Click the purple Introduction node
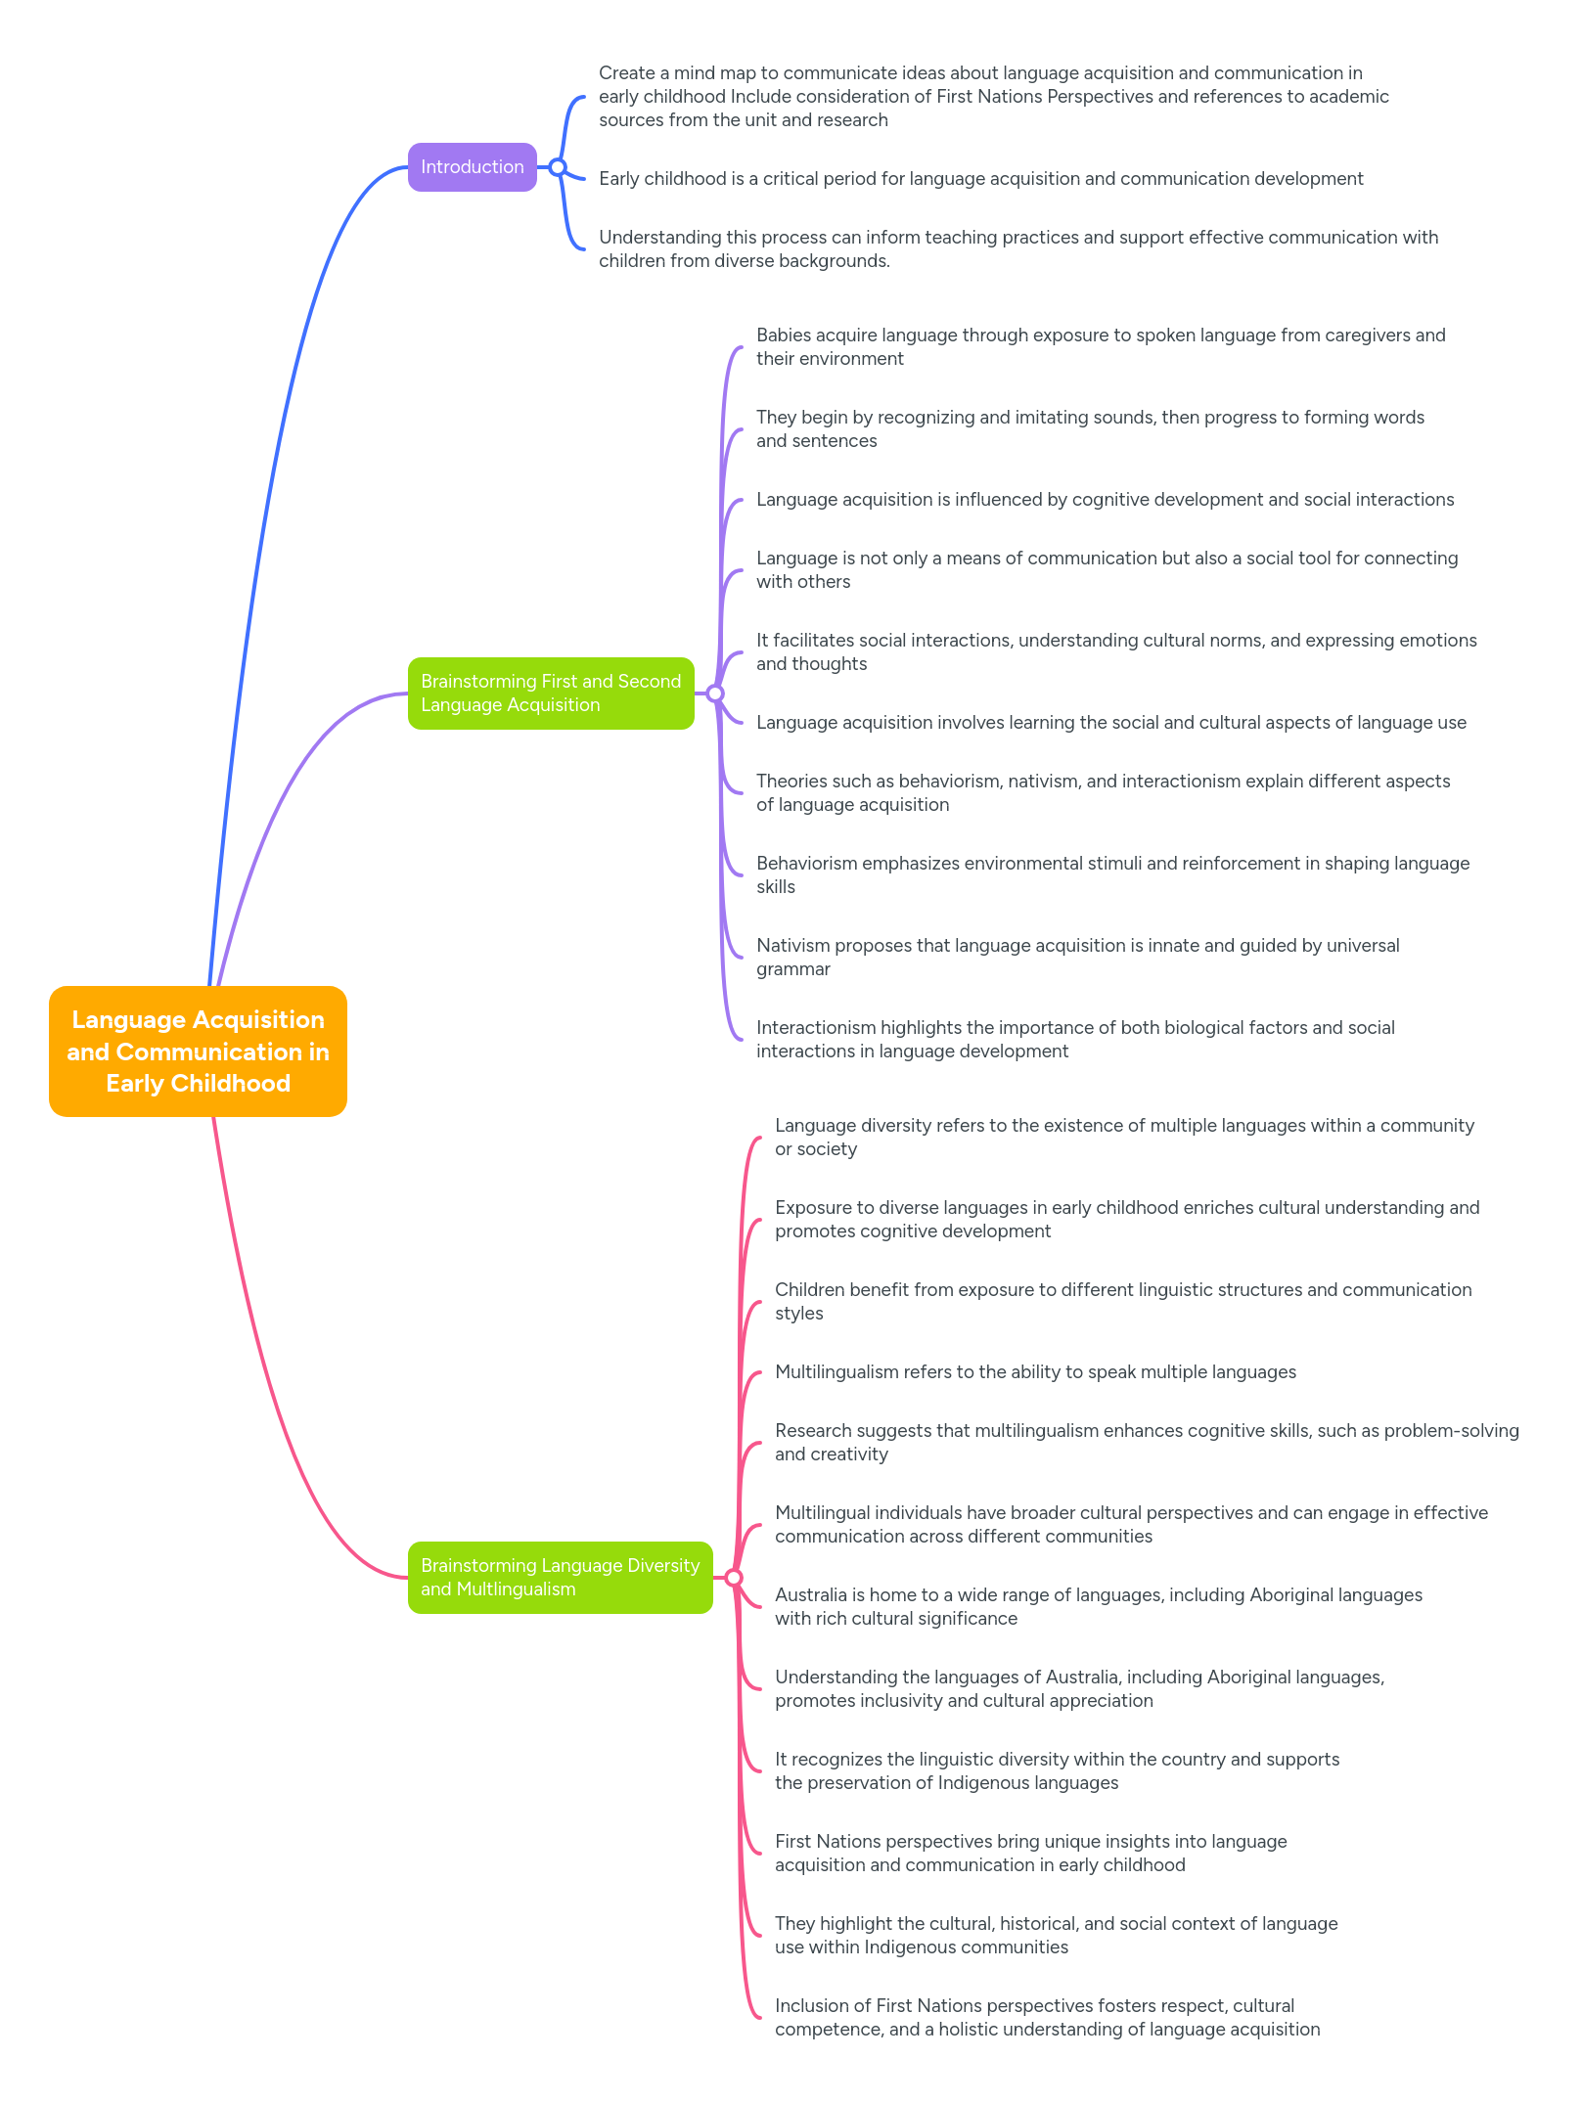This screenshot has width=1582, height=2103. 472,167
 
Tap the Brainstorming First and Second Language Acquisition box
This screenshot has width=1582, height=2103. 550,693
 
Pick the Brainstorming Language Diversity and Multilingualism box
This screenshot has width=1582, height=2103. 560,1577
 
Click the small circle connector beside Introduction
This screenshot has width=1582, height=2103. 558,167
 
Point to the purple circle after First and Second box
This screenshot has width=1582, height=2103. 715,694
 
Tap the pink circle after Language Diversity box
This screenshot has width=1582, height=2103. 734,1578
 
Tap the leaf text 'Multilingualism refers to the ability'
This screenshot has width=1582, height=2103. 1034,1372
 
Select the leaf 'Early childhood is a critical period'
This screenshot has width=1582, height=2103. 980,179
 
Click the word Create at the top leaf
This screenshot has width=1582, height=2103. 626,73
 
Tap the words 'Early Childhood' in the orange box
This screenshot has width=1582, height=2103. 198,1084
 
